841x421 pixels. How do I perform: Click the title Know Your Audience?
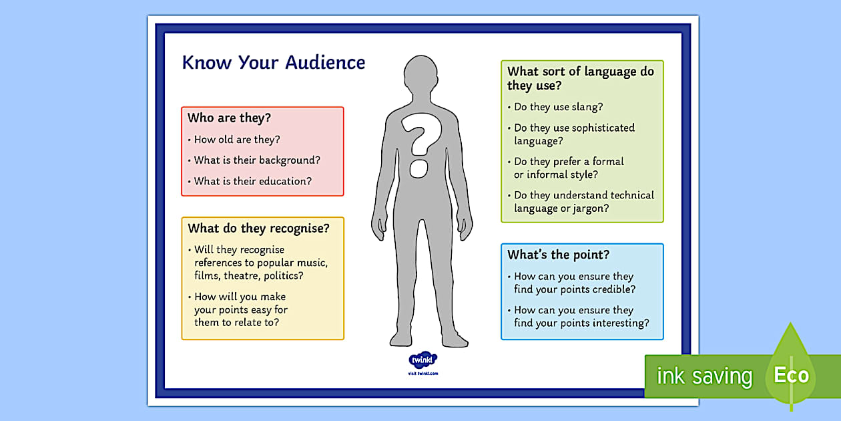coord(274,63)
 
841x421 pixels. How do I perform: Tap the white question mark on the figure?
coord(417,144)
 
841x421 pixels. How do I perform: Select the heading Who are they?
coord(229,118)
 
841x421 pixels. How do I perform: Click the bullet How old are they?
coord(237,140)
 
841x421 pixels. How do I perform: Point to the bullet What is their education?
coord(252,181)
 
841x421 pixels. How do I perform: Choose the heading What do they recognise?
coord(258,229)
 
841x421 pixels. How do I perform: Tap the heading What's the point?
coord(558,255)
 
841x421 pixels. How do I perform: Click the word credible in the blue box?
coord(614,289)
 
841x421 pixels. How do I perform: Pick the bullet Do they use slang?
coord(558,107)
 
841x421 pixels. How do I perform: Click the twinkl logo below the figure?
coord(422,360)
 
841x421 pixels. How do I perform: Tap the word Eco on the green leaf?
coord(791,375)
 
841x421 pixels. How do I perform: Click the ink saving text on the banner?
coord(704,376)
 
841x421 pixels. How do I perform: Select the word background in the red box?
coord(290,160)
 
